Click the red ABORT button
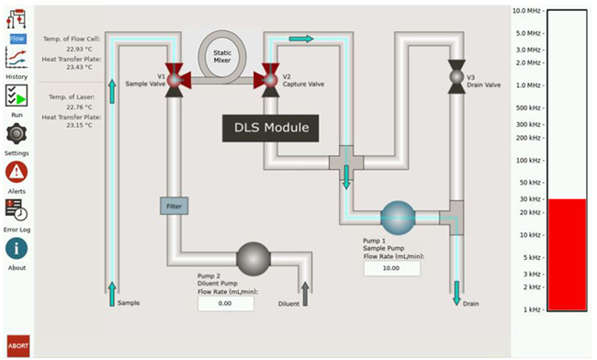[17, 345]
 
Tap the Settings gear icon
[17, 134]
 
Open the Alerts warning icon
[17, 172]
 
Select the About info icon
[17, 248]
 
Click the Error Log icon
[17, 210]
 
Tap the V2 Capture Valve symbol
[270, 77]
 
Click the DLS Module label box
[270, 128]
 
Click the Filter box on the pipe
[174, 207]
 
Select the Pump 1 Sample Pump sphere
[400, 218]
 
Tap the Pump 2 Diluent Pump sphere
[254, 258]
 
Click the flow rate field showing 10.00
[391, 269]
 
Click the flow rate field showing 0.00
[226, 303]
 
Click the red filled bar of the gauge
[566, 254]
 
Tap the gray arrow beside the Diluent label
[306, 293]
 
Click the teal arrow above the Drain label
[456, 293]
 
